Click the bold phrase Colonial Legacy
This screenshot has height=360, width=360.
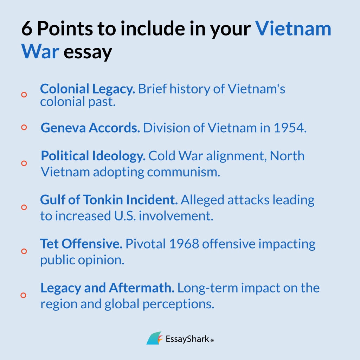coord(88,89)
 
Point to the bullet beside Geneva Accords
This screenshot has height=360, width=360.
coord(24,128)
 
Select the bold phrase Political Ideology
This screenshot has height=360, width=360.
coord(93,156)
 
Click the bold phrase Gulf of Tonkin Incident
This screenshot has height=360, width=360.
coord(109,200)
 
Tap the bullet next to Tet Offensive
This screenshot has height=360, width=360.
coord(24,251)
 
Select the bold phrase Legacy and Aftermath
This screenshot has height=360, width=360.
coord(108,288)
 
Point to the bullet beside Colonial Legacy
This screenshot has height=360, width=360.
coord(24,95)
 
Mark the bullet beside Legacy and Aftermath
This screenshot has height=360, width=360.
coord(24,295)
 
